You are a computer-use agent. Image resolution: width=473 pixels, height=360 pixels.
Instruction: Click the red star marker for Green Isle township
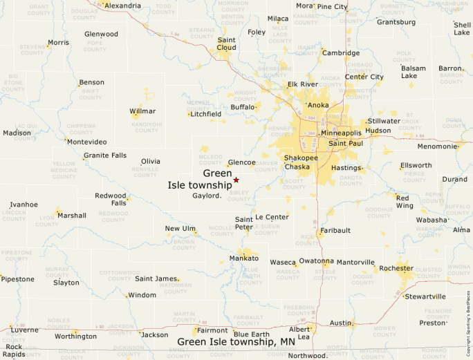236,180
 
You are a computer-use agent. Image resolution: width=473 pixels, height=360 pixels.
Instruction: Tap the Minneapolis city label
341,133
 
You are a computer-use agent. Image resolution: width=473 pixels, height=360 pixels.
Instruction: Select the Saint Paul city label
346,143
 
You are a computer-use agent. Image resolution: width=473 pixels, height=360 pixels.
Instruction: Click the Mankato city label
243,258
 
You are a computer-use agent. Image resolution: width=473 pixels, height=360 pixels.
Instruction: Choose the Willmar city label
142,111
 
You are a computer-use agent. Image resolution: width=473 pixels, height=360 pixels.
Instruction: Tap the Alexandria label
122,6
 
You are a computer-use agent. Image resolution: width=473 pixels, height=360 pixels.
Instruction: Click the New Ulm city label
180,229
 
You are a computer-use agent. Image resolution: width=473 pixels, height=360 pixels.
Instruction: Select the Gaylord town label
206,196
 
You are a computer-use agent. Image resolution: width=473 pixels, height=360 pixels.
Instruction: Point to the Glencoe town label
242,162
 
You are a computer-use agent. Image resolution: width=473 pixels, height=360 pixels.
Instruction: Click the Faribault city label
335,230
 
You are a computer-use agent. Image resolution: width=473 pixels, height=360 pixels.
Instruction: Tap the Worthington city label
76,337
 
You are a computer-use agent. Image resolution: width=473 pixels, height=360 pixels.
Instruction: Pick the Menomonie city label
437,146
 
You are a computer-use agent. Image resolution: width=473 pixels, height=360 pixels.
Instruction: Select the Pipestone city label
17,279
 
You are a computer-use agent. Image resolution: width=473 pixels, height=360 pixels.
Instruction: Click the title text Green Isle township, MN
236,342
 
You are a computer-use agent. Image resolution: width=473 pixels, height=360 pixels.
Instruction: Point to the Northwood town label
306,356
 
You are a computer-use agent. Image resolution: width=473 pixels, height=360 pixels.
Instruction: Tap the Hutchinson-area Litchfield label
206,114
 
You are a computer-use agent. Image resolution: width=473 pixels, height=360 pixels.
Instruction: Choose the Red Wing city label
405,201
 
